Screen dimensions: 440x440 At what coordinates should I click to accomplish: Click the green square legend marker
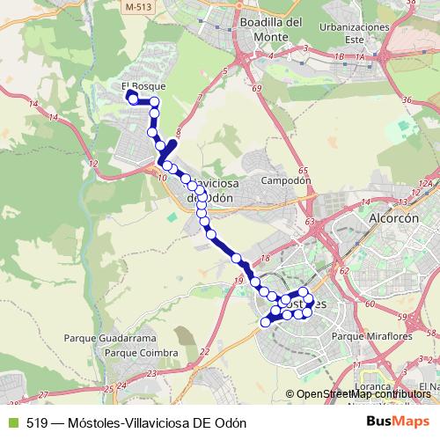click(x=11, y=422)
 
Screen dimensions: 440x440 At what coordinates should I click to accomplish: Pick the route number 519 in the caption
click(x=37, y=422)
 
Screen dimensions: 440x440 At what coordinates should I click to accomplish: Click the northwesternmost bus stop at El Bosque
click(x=133, y=99)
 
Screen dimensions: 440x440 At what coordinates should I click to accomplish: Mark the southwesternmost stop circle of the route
click(x=266, y=322)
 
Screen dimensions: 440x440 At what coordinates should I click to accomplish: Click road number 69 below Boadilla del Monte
click(x=255, y=89)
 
